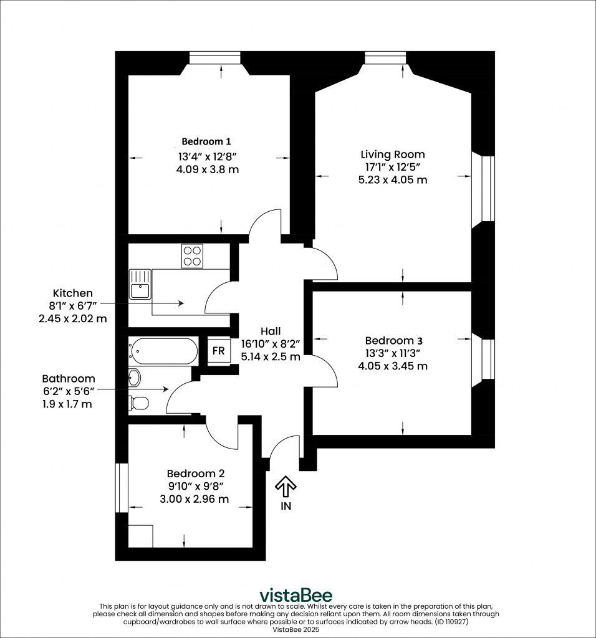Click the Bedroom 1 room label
[x=208, y=141]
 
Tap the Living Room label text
[x=393, y=155]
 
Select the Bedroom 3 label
[x=393, y=340]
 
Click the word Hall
[x=271, y=331]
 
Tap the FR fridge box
[x=218, y=351]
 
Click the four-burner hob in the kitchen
[x=192, y=255]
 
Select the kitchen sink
[x=140, y=285]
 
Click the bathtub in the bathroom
[x=163, y=351]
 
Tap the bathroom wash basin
[x=135, y=376]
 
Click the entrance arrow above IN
[x=286, y=485]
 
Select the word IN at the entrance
[x=286, y=506]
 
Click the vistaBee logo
[x=296, y=595]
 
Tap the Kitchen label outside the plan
[x=72, y=293]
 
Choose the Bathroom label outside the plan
[x=69, y=378]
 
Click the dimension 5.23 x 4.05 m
[x=393, y=180]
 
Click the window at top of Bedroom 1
[x=215, y=58]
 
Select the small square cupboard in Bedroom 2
[x=140, y=536]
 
